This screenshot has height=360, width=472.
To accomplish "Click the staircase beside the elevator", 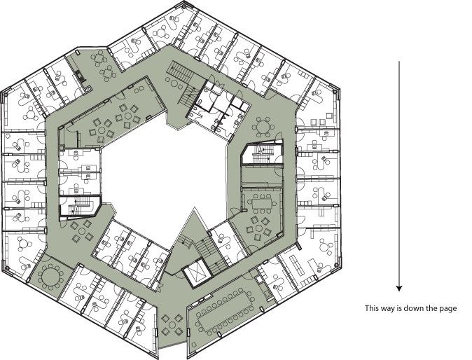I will [x=208, y=254].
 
